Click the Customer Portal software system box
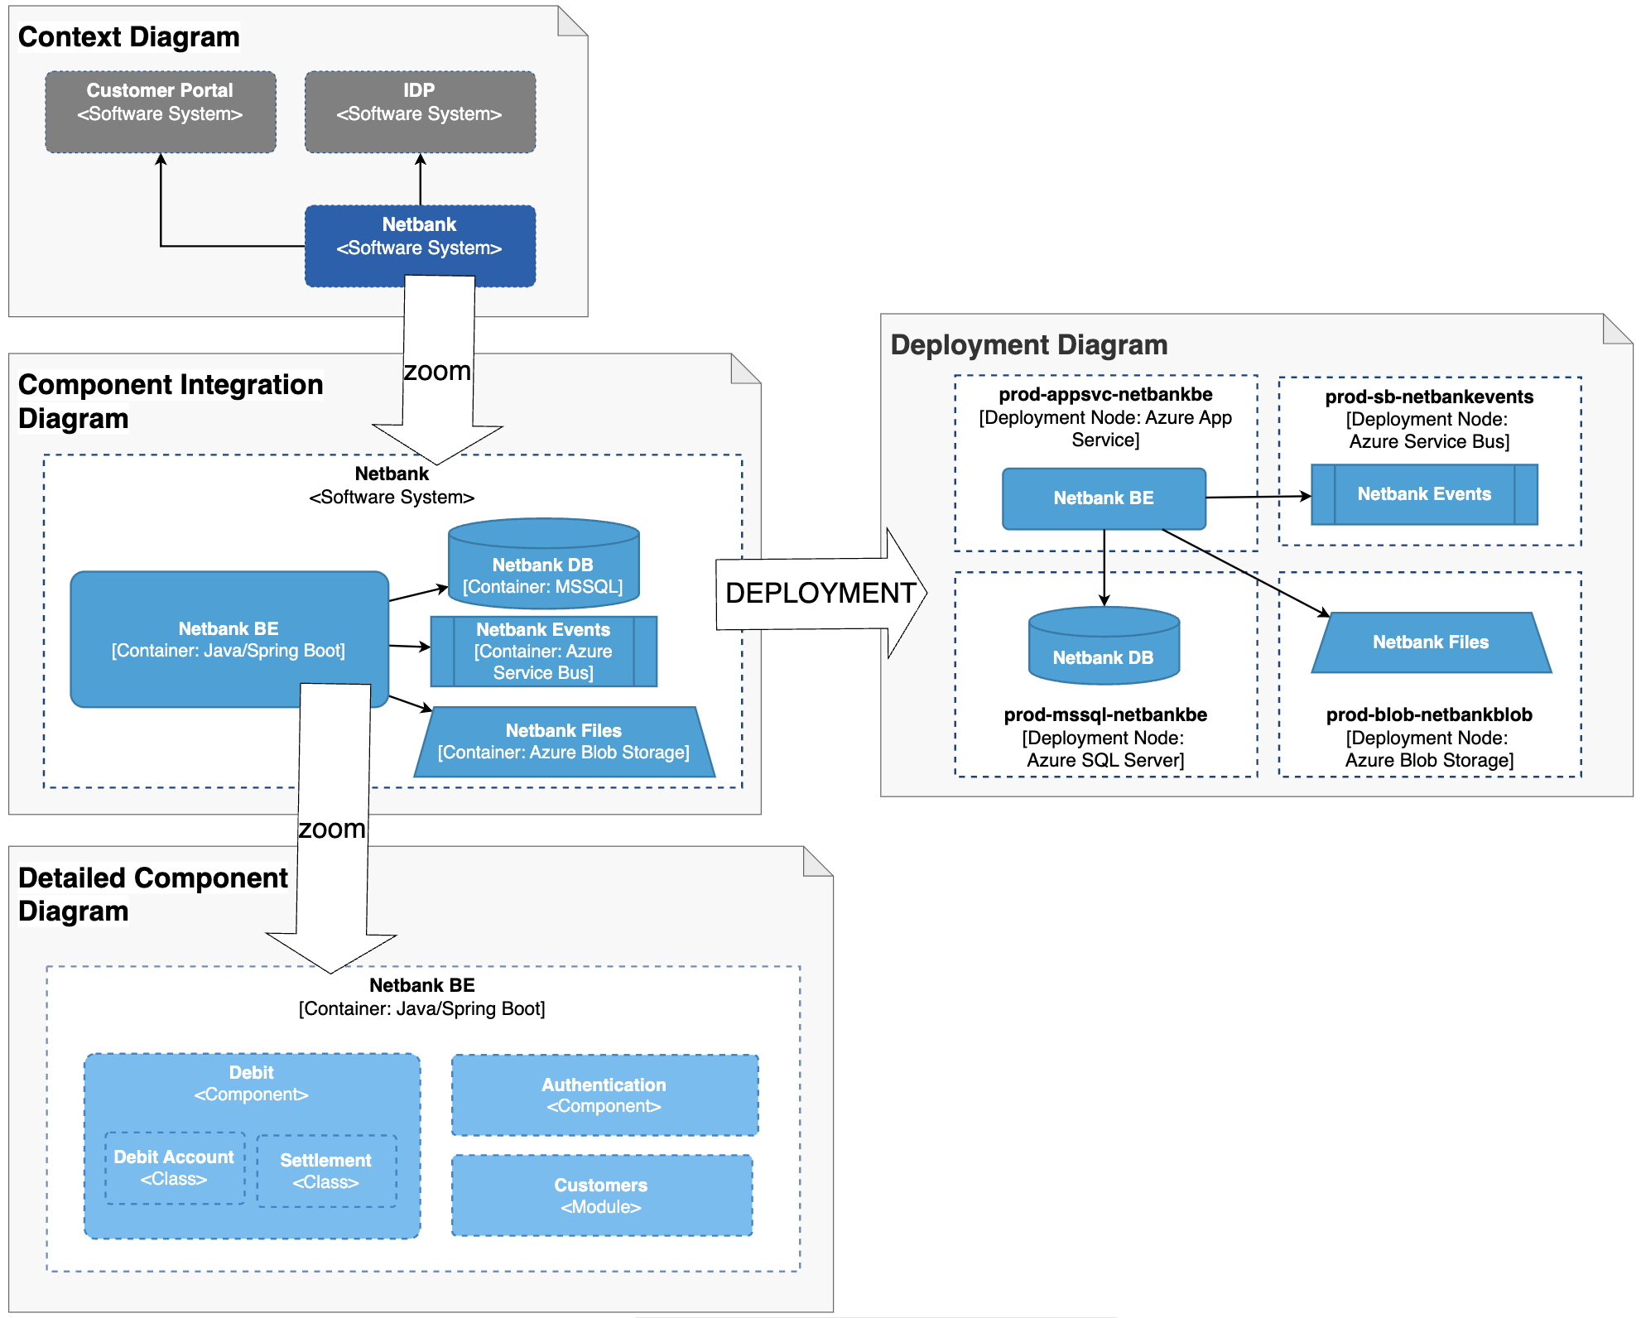160,111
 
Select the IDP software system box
419,111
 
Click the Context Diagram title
128,37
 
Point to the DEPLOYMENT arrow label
820,593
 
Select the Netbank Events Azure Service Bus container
543,652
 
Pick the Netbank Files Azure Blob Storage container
563,742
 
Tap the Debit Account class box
174,1167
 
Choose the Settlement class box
325,1171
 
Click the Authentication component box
604,1094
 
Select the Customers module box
601,1195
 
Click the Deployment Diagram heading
1028,345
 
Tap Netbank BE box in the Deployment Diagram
1103,498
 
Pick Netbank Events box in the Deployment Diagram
1424,494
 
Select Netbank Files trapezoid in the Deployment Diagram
1431,642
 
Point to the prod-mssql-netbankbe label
1104,714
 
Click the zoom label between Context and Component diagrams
437,372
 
